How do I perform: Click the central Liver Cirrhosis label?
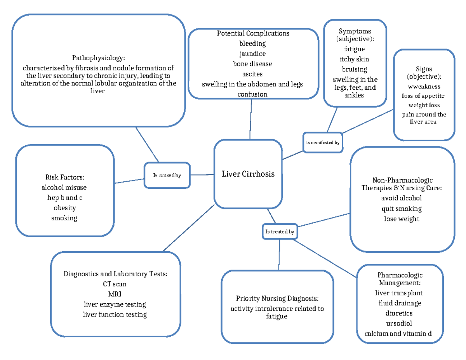248,174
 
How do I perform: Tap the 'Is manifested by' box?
323,143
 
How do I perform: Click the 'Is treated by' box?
280,232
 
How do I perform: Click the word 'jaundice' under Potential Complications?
252,54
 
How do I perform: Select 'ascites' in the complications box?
252,74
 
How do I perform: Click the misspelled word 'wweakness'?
424,87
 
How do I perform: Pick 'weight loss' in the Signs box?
424,105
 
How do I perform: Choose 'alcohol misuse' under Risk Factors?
64,188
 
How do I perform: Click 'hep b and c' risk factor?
64,198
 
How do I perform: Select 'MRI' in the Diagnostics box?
115,294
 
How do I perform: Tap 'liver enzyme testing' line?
115,304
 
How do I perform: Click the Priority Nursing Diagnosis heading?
277,299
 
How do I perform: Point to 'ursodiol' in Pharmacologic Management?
399,323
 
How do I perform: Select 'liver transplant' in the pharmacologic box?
399,293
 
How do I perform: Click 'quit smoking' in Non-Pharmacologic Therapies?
402,209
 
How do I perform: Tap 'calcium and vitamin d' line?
399,333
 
